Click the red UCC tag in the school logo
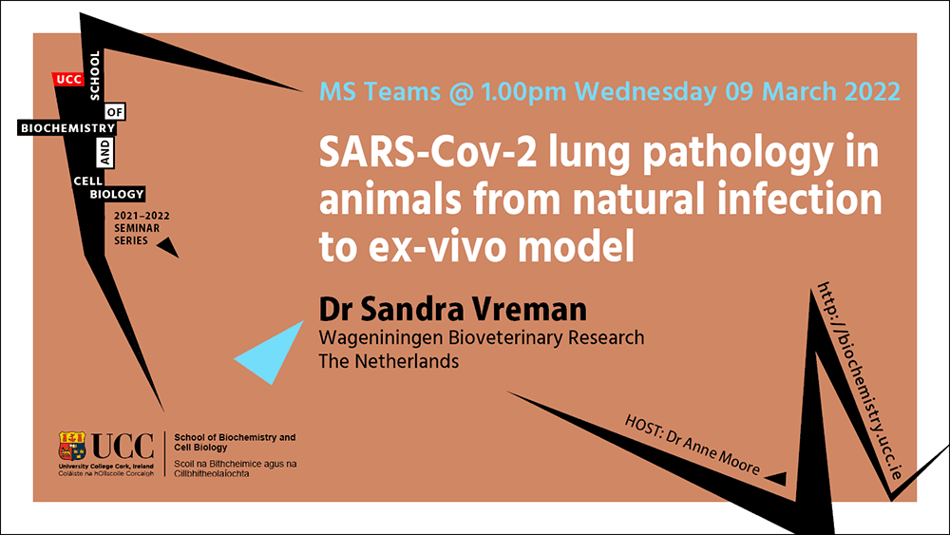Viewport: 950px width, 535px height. coord(68,80)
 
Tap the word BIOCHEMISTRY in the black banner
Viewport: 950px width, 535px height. coord(67,128)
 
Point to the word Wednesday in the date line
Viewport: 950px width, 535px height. coord(646,91)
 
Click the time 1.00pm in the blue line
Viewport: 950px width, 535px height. coord(523,92)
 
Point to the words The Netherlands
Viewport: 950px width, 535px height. coord(389,361)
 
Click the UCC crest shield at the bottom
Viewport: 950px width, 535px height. coord(72,447)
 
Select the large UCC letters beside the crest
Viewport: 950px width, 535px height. coord(123,447)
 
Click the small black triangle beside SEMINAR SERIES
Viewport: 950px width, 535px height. coord(168,247)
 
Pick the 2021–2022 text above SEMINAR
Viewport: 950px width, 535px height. coord(142,216)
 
